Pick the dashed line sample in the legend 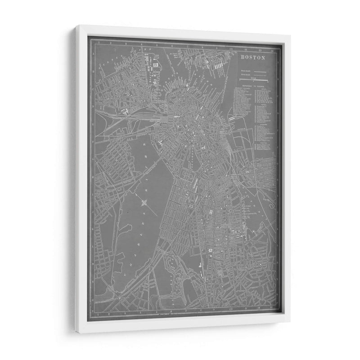tap(260, 75)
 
